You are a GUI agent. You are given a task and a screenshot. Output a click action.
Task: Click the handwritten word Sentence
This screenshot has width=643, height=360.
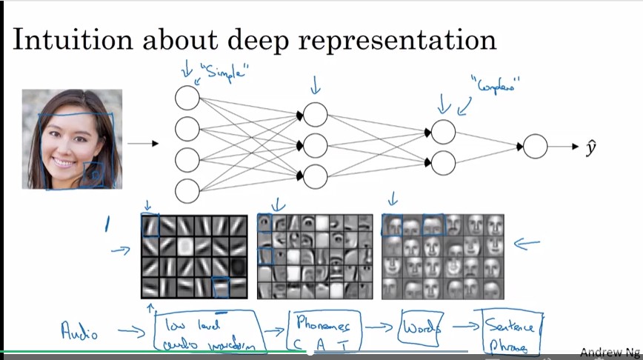coord(511,325)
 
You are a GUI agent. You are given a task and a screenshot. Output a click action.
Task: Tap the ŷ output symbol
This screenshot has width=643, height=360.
coord(590,147)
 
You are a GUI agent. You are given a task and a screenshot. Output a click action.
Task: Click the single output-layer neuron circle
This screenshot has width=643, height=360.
coord(536,147)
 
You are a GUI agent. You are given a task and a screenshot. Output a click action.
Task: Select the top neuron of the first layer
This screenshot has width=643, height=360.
coord(187,98)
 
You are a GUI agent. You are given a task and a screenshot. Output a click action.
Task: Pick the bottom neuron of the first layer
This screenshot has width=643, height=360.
coord(187,191)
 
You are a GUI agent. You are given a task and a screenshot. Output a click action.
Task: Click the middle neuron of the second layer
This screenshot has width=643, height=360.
coord(315,144)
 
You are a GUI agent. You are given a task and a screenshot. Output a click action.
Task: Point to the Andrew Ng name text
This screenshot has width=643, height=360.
coord(610,353)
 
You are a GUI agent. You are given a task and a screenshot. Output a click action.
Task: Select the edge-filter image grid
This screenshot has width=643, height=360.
coord(194,256)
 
